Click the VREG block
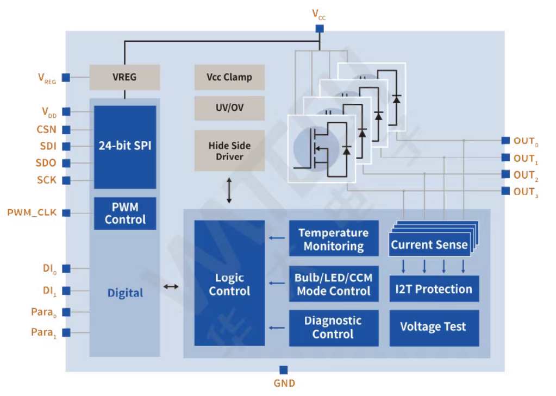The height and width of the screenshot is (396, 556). click(x=124, y=77)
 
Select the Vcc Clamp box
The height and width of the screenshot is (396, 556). click(x=229, y=77)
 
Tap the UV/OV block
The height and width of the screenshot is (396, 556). click(x=229, y=108)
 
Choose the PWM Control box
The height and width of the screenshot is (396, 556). click(x=125, y=213)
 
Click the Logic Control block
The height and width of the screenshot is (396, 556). click(x=229, y=283)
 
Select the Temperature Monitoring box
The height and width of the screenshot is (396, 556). click(x=334, y=239)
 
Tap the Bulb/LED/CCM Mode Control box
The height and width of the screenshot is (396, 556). click(x=334, y=284)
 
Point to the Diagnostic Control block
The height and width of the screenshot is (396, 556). click(x=334, y=328)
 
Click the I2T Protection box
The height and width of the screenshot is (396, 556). click(x=434, y=288)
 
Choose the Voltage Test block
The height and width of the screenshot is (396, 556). click(x=434, y=327)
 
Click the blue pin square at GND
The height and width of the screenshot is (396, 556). click(x=283, y=370)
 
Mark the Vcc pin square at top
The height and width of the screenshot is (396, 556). click(x=320, y=28)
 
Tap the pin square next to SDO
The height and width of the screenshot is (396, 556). click(x=66, y=163)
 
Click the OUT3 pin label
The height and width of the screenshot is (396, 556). click(x=525, y=192)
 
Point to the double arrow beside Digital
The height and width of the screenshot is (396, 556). click(x=171, y=286)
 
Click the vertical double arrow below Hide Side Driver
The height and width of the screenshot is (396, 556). click(x=229, y=190)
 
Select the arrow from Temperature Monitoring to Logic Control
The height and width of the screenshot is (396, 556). click(x=277, y=238)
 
